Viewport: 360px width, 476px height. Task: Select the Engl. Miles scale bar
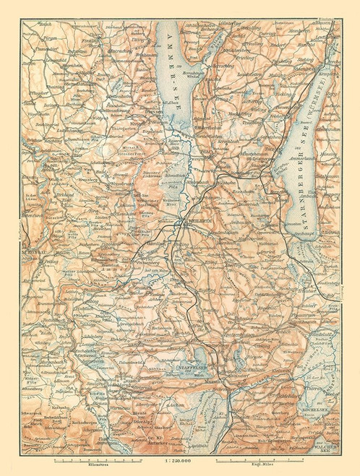[x=257, y=458]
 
